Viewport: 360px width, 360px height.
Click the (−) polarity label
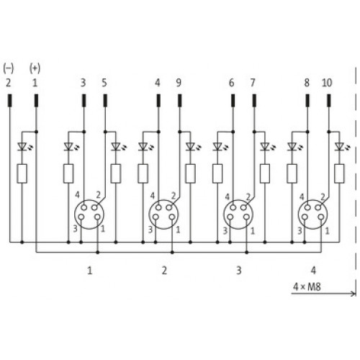click(9, 68)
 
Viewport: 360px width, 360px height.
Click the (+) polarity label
click(35, 68)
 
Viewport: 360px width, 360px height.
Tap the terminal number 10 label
click(327, 83)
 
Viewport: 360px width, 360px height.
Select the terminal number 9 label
click(179, 83)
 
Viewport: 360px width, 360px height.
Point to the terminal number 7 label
click(253, 83)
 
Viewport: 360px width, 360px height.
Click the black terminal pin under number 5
click(105, 101)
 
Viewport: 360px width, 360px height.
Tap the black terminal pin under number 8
click(307, 101)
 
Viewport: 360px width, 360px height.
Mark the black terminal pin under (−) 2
click(10, 101)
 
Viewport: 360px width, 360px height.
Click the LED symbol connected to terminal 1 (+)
click(23, 147)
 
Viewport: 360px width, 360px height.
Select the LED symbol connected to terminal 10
click(340, 147)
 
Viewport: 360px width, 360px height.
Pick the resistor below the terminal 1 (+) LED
click(22, 174)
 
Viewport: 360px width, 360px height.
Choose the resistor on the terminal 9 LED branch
click(190, 174)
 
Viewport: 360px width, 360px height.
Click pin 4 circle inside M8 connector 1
click(84, 207)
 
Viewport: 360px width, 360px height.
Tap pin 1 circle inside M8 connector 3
click(246, 217)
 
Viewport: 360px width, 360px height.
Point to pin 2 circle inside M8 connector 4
click(318, 207)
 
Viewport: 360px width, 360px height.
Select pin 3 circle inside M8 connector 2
click(156, 217)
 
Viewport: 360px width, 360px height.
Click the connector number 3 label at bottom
click(239, 271)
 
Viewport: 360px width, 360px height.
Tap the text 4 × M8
click(307, 287)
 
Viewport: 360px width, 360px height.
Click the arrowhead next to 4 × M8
click(353, 293)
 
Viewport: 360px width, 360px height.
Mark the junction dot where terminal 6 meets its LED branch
click(233, 132)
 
